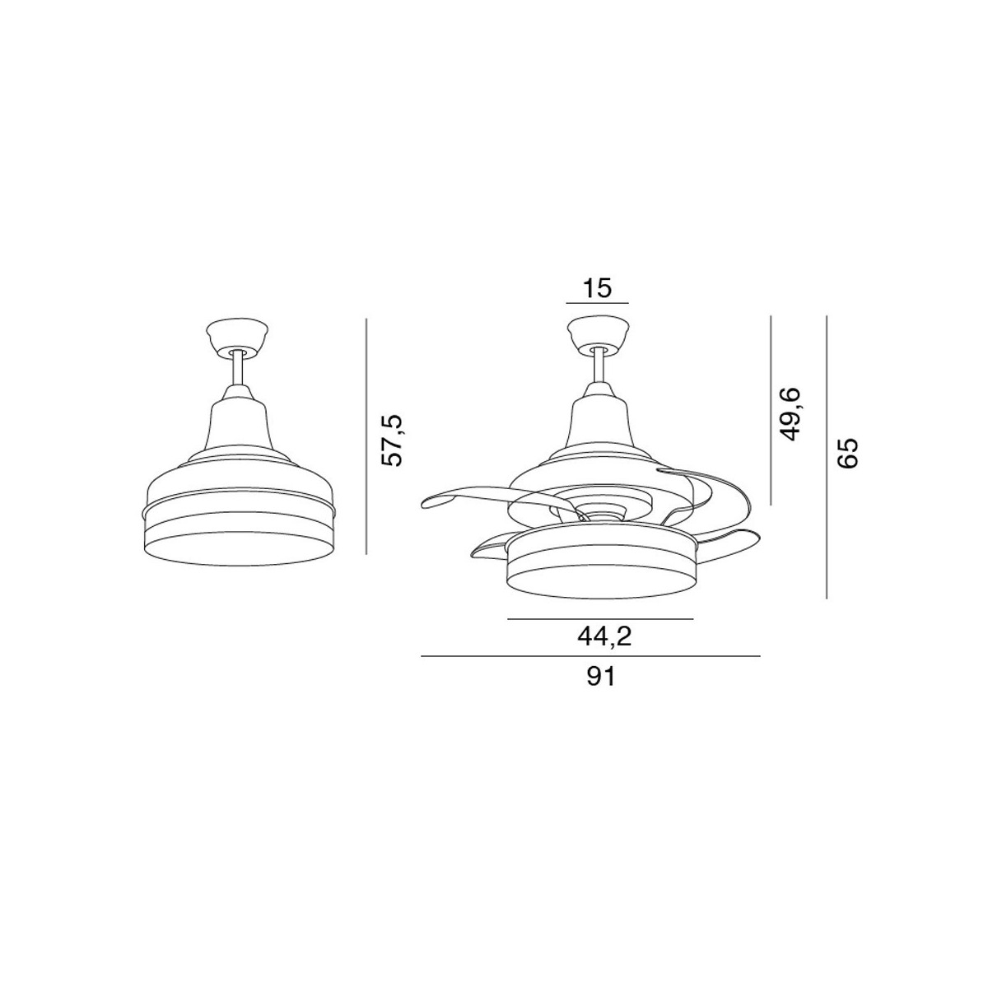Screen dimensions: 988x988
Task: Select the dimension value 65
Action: [x=846, y=453]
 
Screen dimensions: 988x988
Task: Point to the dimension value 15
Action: [x=598, y=288]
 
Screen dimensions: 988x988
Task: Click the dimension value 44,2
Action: [x=604, y=637]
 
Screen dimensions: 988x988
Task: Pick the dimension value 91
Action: [x=600, y=678]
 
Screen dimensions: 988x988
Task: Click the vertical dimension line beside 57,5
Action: [x=366, y=436]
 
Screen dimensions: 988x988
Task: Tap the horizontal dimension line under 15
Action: [x=597, y=304]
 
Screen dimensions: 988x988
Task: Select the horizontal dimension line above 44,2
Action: [x=600, y=619]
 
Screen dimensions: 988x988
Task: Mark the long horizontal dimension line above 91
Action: [x=590, y=655]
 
